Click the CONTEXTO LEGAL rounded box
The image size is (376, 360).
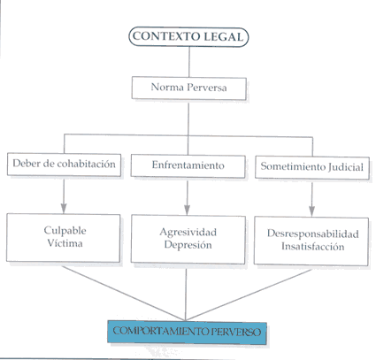(x=188, y=37)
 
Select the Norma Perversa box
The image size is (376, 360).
(x=188, y=88)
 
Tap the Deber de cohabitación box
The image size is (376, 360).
(x=64, y=165)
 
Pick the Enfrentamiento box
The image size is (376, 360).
(x=188, y=165)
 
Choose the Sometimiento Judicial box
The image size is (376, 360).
(x=312, y=167)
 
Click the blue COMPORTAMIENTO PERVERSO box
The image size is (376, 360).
(x=187, y=332)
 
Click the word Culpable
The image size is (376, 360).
(x=65, y=230)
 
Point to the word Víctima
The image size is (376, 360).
(x=65, y=243)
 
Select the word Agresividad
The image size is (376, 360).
(x=188, y=233)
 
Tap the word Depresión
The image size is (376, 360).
(x=188, y=245)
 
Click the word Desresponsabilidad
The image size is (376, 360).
(x=313, y=234)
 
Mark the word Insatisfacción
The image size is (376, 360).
(x=313, y=246)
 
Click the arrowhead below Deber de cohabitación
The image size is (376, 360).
(x=64, y=208)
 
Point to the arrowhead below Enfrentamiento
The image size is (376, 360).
(x=187, y=210)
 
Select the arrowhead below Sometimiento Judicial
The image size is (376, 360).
(x=311, y=211)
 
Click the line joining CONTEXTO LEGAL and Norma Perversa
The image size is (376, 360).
(x=189, y=62)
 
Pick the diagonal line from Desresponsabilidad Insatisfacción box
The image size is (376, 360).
(x=249, y=295)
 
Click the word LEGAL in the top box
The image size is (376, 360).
(x=223, y=37)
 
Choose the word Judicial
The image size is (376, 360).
(x=345, y=167)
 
